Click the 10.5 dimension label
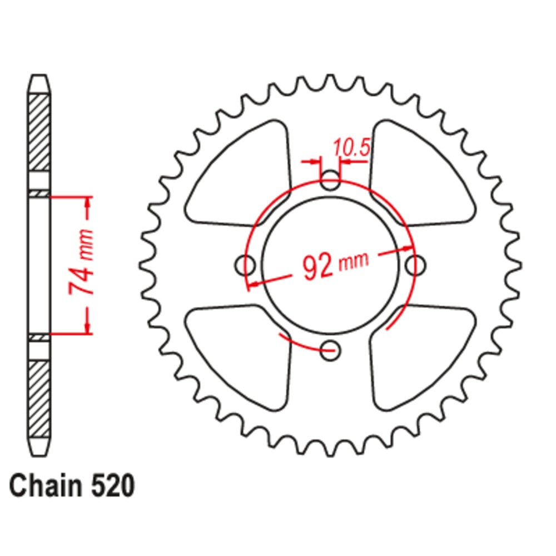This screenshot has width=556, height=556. click(x=351, y=148)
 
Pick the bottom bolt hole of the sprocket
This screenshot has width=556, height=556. click(x=331, y=349)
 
